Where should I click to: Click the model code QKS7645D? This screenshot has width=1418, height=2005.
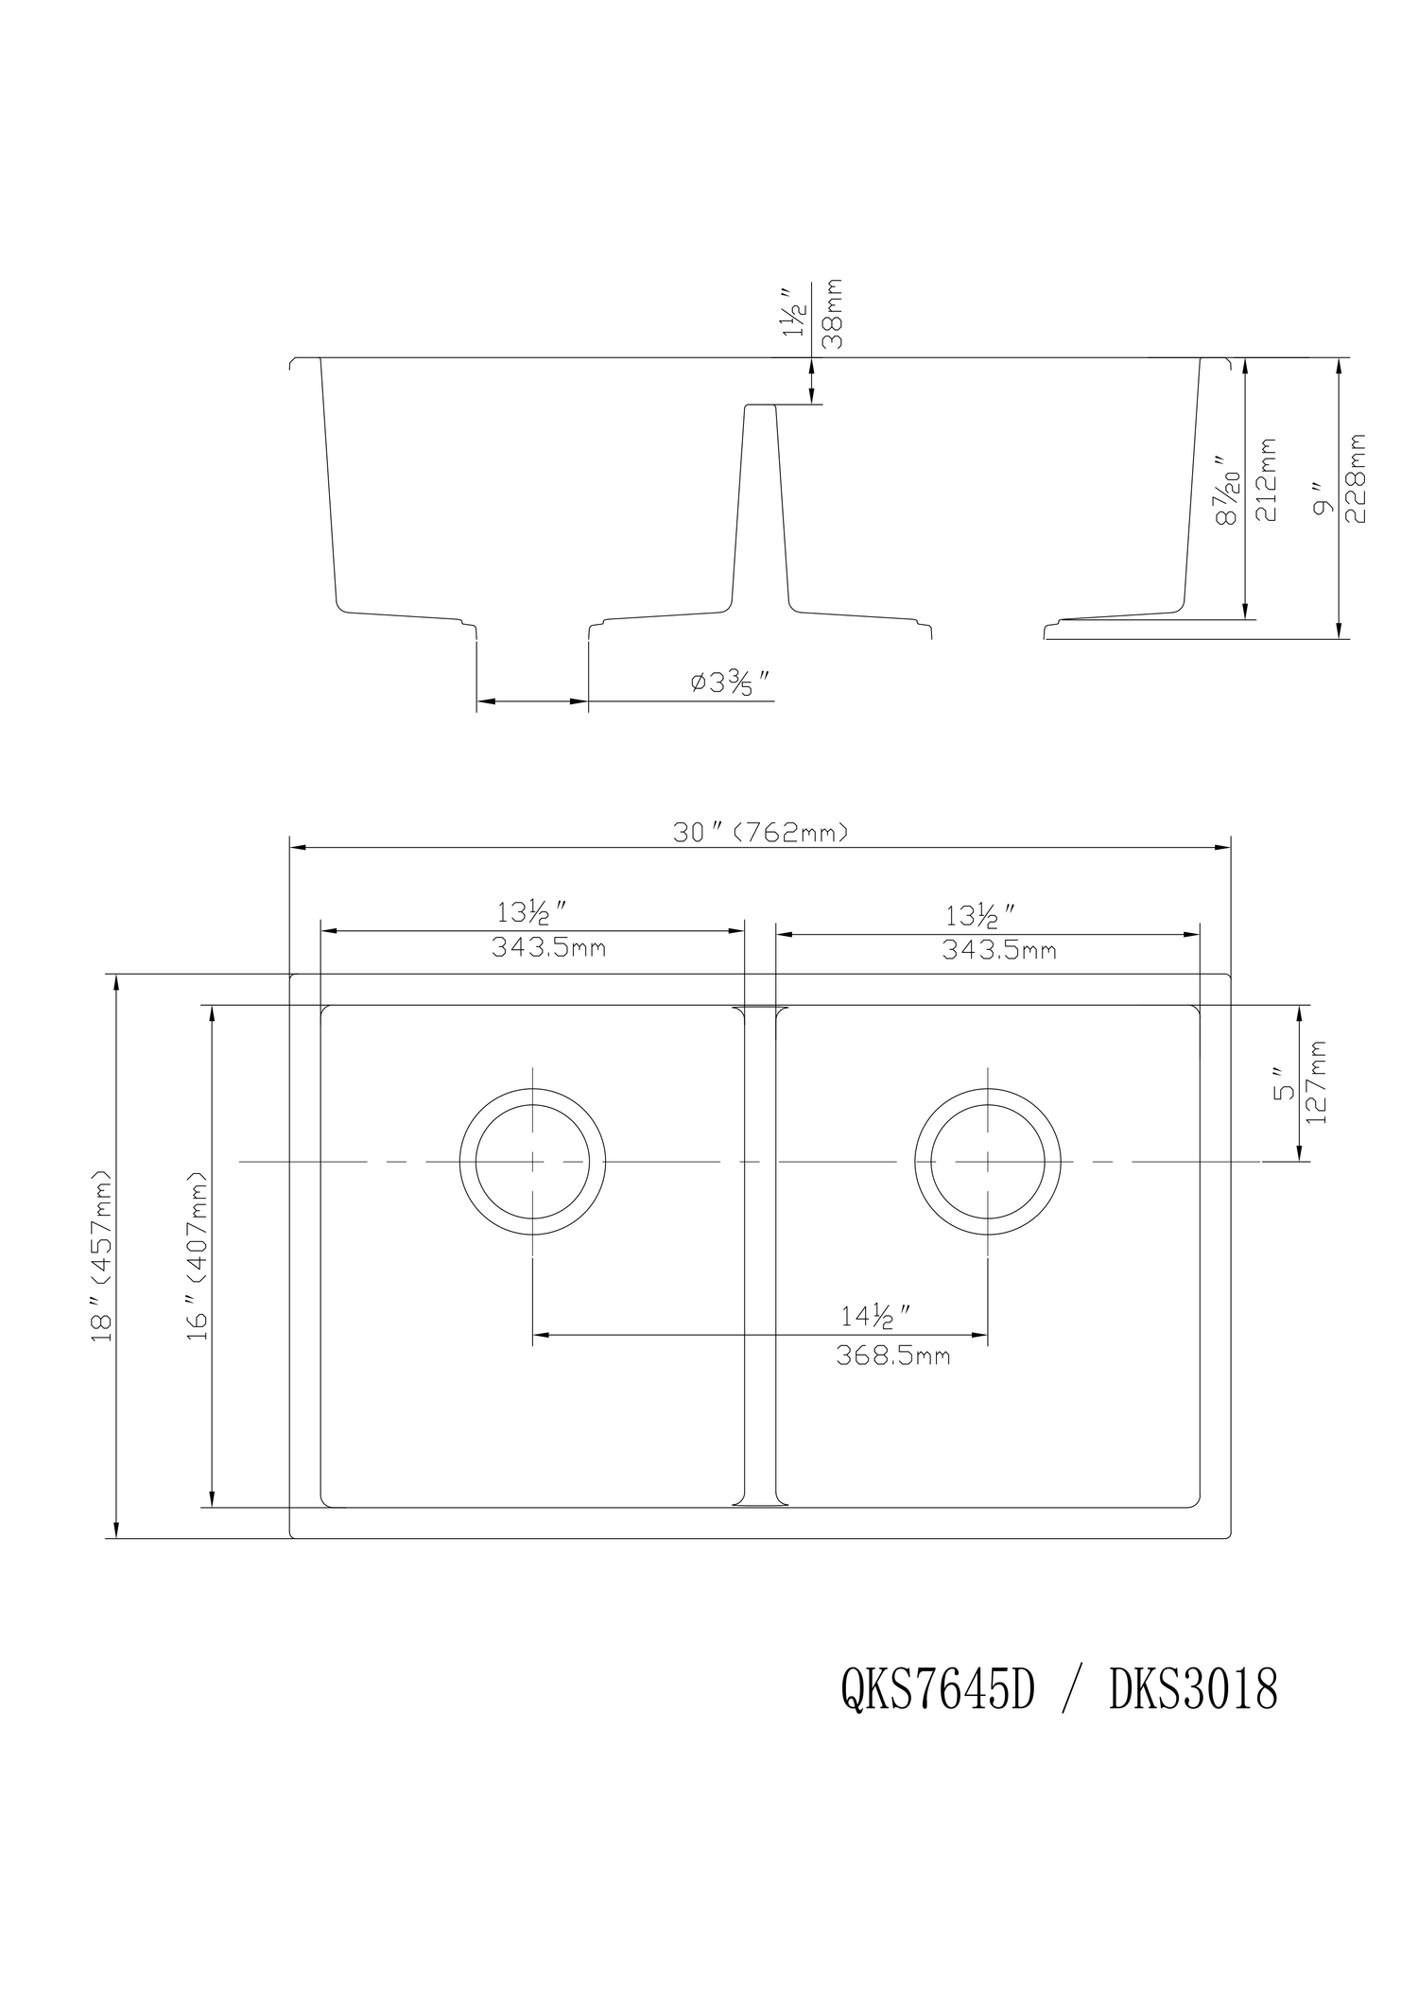pos(937,1689)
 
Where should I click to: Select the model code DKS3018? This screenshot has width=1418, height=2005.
pos(1193,1689)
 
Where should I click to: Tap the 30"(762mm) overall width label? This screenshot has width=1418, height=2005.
pos(760,833)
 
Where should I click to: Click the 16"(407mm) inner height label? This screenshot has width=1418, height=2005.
pos(198,1257)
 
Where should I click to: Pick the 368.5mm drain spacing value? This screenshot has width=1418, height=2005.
pos(892,1357)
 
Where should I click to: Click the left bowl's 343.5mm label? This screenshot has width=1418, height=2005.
pos(548,948)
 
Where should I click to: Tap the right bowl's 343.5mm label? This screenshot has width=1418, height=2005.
pos(998,950)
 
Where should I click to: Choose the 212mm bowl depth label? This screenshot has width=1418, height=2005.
pos(1267,479)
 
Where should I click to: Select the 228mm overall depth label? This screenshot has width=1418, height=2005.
pos(1358,479)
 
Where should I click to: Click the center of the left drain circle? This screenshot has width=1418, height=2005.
pos(533,1161)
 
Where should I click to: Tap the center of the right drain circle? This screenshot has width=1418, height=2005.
pos(988,1161)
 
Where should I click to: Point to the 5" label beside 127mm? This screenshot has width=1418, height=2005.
pos(1282,1084)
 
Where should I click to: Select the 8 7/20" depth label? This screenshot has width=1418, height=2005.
pos(1229,489)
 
